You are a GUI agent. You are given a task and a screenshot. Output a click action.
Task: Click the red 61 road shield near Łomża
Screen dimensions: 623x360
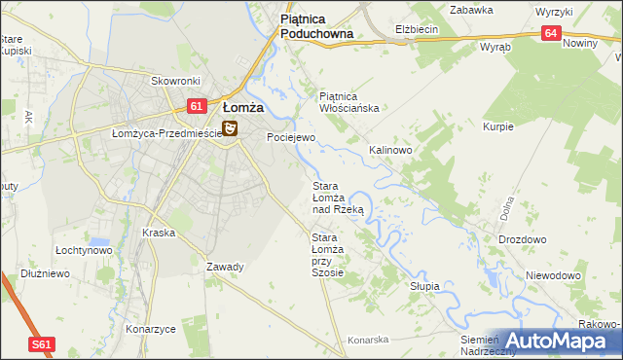[196, 106]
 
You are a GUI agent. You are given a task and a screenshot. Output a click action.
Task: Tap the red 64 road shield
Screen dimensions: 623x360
[552, 33]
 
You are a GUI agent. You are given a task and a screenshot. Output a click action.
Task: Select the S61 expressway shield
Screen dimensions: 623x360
[40, 344]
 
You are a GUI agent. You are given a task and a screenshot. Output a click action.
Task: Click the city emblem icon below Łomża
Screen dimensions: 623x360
[230, 128]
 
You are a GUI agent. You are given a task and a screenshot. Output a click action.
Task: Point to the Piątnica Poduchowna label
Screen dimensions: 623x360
[315, 25]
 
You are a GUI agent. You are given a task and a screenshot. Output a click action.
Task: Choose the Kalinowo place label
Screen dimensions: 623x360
[390, 151]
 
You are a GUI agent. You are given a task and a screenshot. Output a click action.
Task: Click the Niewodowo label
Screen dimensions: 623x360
[553, 275]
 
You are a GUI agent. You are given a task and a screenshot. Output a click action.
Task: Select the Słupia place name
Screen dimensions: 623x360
[424, 286]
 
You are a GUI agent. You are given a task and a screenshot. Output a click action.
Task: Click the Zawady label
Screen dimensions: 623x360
[225, 267]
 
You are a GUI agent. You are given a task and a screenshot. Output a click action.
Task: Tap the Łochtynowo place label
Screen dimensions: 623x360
[84, 250]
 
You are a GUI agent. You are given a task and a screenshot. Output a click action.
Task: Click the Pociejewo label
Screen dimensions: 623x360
[291, 138]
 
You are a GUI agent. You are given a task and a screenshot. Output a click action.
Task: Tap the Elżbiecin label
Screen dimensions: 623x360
[417, 29]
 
